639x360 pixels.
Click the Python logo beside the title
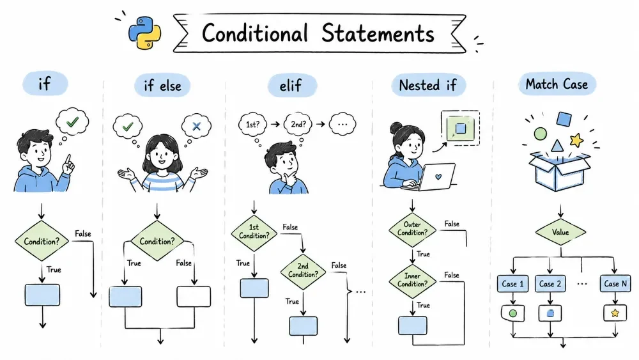click(x=144, y=33)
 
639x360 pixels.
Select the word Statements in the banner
click(x=378, y=33)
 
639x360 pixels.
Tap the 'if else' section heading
click(x=162, y=86)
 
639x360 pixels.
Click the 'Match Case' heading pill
click(x=557, y=84)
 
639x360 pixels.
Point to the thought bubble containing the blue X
click(x=196, y=126)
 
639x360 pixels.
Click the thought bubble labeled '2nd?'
click(x=298, y=124)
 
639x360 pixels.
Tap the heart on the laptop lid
click(x=438, y=177)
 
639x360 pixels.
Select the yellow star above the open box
click(x=576, y=140)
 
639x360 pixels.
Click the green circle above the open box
click(x=541, y=133)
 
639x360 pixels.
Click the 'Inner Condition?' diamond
click(x=412, y=281)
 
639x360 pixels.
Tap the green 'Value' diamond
click(x=560, y=232)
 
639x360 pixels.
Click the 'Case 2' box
click(x=550, y=284)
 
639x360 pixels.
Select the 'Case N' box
click(x=615, y=284)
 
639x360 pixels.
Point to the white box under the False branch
click(x=194, y=297)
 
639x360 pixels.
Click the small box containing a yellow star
click(x=615, y=313)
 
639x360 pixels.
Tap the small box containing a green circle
click(x=512, y=313)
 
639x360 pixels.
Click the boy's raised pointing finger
click(x=68, y=159)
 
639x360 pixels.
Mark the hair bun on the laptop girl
click(x=396, y=128)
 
